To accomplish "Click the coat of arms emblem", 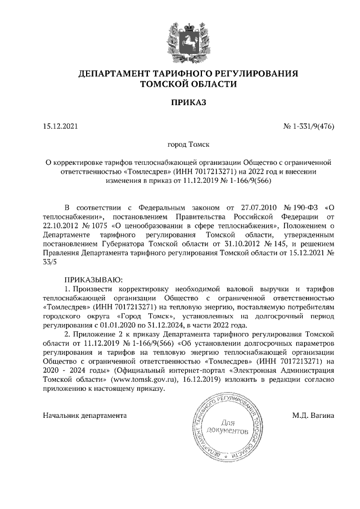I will pos(180,40).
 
